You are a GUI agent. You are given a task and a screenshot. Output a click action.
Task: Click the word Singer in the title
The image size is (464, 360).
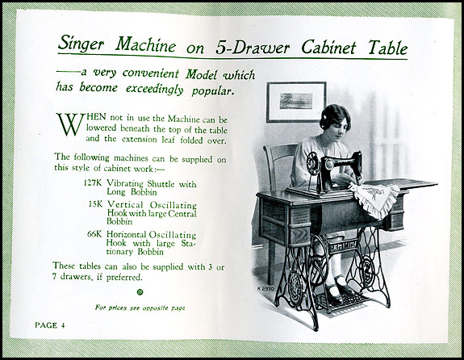coord(81,44)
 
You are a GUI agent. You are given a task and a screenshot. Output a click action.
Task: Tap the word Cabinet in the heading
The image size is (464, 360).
coord(328,47)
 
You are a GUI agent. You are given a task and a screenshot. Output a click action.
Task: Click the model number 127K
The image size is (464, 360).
coord(93,182)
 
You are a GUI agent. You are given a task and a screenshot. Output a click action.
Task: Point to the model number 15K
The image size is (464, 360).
coord(95,204)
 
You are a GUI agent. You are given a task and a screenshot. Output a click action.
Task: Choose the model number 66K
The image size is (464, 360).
coord(94,234)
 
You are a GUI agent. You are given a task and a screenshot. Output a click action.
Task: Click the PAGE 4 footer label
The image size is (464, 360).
coord(50,325)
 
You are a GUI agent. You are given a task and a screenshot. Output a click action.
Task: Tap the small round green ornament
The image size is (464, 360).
coord(140,292)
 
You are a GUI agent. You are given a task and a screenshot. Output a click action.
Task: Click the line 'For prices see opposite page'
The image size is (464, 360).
coord(140,308)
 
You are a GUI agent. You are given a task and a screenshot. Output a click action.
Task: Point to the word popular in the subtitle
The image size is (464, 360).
coord(213,90)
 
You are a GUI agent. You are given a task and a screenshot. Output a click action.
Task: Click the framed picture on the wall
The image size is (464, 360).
coord(296,102)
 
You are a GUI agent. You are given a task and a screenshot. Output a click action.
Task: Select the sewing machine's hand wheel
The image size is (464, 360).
coord(312,163)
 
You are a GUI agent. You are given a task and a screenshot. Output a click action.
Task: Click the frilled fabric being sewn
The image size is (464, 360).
coord(374,198)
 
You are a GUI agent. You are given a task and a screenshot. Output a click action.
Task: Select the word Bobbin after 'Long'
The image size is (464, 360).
coord(144,192)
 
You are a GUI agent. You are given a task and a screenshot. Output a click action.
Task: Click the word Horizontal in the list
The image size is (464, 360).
coord(127,234)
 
